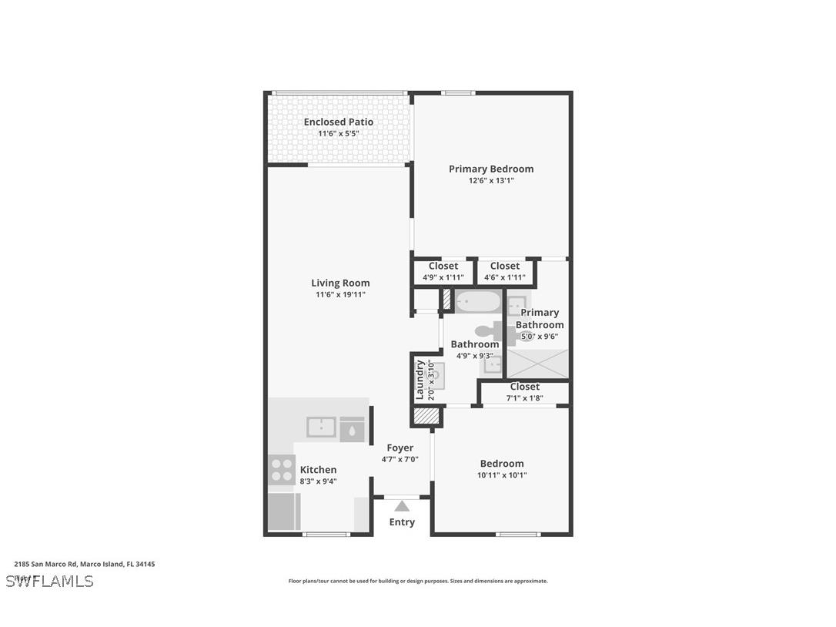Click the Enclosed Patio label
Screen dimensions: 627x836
tap(338, 122)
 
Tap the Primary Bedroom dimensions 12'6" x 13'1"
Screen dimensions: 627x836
tap(491, 181)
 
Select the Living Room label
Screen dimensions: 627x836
tap(340, 283)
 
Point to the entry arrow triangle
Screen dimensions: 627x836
tap(402, 507)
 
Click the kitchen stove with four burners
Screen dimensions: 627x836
tap(282, 470)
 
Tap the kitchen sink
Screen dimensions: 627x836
tap(322, 427)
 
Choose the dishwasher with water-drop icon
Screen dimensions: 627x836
tap(352, 429)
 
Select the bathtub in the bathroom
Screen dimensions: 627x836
tap(477, 301)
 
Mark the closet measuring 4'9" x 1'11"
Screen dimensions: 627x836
tap(443, 272)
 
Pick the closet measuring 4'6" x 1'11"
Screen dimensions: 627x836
tap(505, 272)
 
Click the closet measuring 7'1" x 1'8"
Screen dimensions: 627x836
tap(524, 392)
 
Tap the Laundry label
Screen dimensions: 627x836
tap(420, 380)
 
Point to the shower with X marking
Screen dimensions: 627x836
tap(538, 363)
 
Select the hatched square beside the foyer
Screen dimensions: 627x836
tap(426, 417)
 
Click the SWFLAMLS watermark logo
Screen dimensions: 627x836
tap(49, 581)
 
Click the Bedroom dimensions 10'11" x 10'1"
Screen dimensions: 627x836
tap(502, 475)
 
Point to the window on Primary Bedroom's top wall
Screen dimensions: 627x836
tap(458, 93)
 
